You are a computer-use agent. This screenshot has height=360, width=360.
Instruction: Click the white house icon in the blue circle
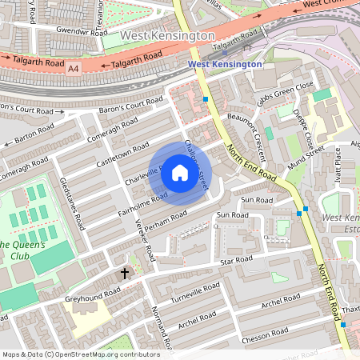click(x=180, y=172)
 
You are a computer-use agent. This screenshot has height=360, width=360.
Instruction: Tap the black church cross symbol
click(x=124, y=273)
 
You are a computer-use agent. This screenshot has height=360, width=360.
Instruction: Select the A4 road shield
click(x=74, y=70)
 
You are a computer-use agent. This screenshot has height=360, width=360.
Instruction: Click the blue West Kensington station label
click(x=224, y=64)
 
